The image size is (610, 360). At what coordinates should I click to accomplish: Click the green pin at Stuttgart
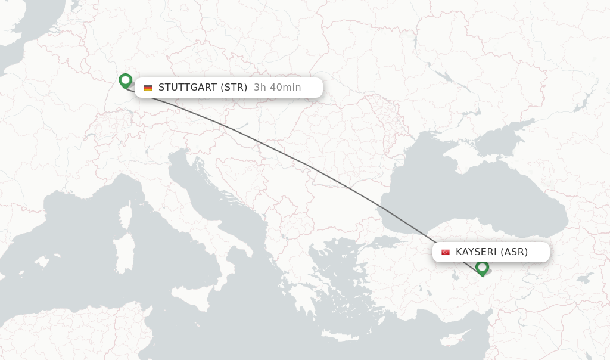(x=125, y=80)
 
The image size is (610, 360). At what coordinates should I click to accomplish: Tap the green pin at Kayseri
(x=482, y=268)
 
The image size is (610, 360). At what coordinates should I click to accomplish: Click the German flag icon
(x=148, y=88)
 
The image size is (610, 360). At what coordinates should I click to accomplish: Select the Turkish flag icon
(x=446, y=252)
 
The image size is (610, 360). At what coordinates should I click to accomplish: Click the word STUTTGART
(x=188, y=88)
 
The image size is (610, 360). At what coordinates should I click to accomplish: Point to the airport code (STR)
(x=234, y=88)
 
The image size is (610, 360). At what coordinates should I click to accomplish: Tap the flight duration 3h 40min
(x=278, y=88)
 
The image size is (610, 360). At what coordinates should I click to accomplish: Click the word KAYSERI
(x=476, y=252)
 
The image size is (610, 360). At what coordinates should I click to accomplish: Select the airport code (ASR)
(x=514, y=252)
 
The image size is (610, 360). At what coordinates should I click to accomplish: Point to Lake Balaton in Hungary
(x=241, y=126)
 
